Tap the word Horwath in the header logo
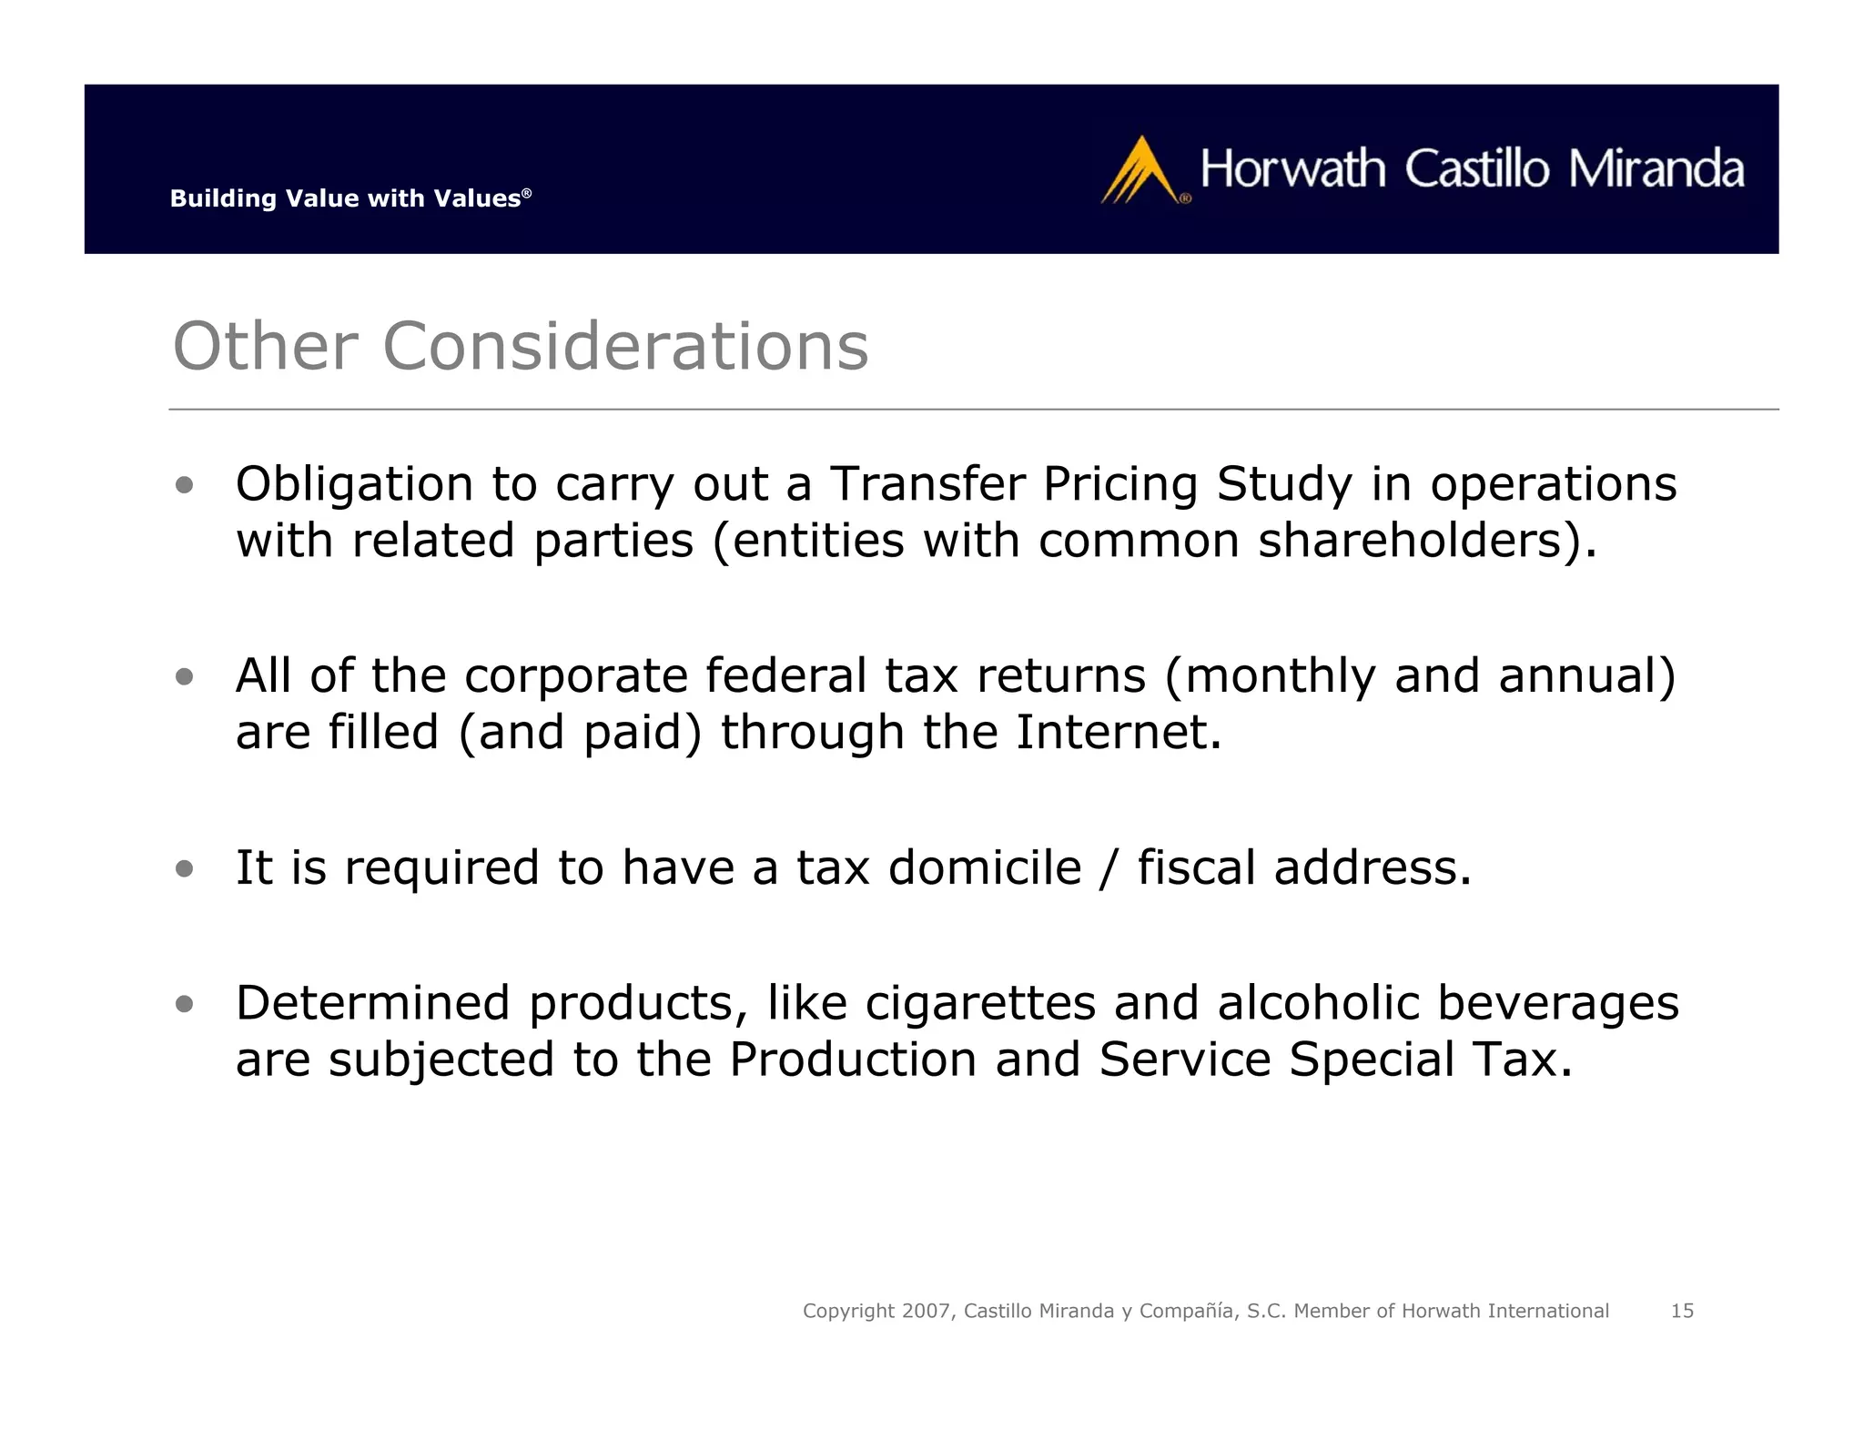tap(1292, 169)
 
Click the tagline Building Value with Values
tap(349, 198)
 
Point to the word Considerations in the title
tap(625, 347)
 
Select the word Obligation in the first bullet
tap(354, 484)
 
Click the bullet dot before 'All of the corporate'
tap(185, 676)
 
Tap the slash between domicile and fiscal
tap(1108, 867)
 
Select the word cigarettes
tap(980, 1003)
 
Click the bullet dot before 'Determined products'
tap(185, 1004)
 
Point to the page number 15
tap(1682, 1311)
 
